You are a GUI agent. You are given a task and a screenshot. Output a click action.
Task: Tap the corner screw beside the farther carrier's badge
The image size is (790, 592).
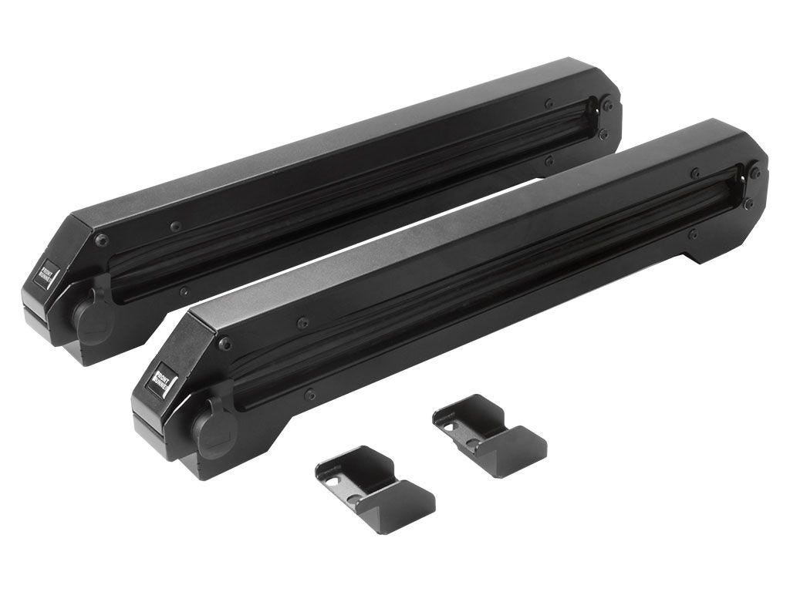click(x=101, y=239)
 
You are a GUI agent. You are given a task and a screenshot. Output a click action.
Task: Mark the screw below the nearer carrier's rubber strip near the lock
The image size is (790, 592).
click(x=309, y=395)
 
